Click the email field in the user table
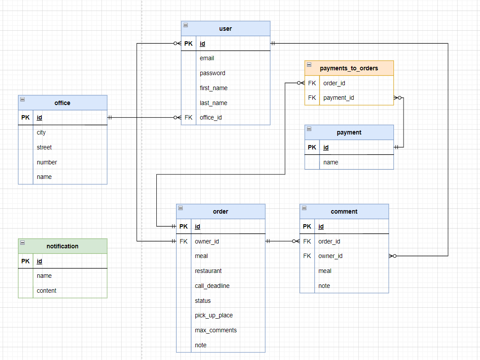(207, 58)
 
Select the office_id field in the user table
(211, 117)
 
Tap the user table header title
(225, 29)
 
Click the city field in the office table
(41, 132)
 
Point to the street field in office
(44, 147)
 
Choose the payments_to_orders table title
(349, 68)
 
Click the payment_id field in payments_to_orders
(339, 98)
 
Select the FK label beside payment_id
(312, 98)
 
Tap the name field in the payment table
(331, 162)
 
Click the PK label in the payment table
(312, 147)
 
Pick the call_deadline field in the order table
(212, 286)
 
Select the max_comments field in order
(216, 330)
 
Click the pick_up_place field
(214, 315)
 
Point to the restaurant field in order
(208, 271)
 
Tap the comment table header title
(344, 211)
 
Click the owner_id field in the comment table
(330, 256)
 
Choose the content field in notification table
(47, 291)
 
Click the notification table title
(62, 246)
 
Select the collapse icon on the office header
(23, 99)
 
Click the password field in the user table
(213, 73)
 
